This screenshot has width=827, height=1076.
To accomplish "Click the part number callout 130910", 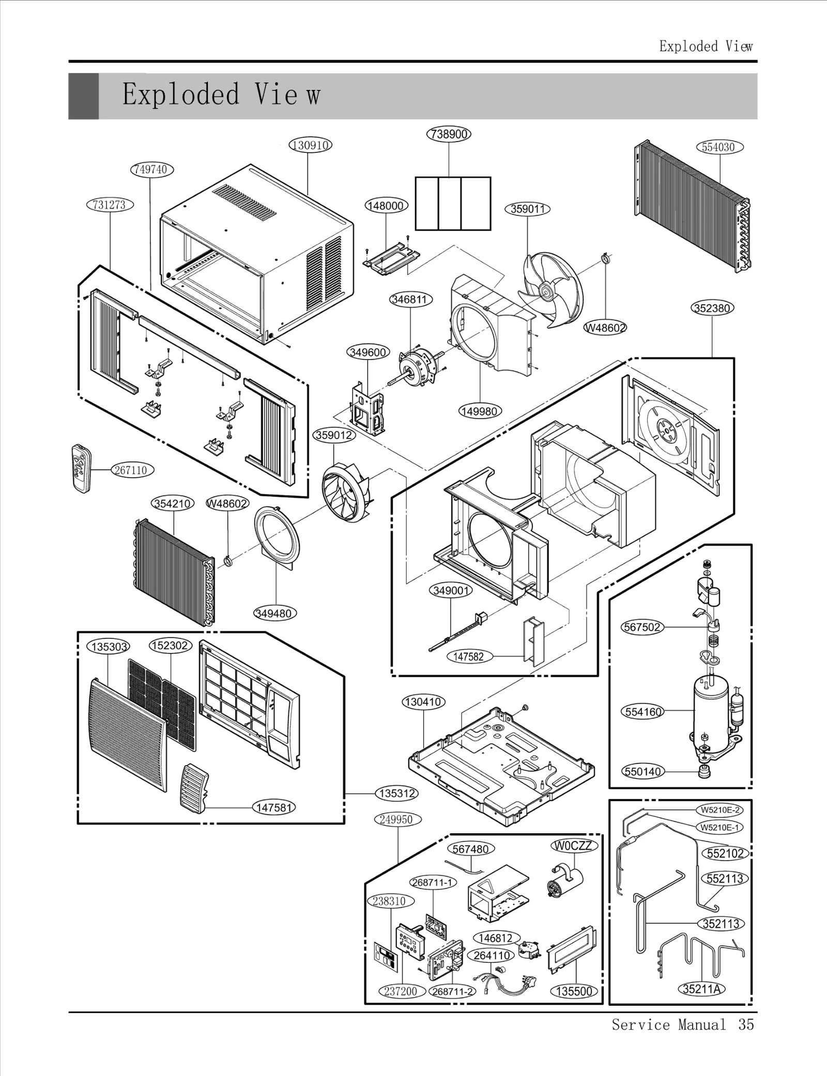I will pyautogui.click(x=310, y=145).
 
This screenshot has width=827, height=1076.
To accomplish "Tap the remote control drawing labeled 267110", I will pyautogui.click(x=81, y=469).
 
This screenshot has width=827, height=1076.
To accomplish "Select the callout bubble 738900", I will pyautogui.click(x=449, y=134).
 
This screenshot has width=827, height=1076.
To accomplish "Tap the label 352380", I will pyautogui.click(x=712, y=308).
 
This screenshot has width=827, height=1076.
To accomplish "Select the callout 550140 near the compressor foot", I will pyautogui.click(x=642, y=786).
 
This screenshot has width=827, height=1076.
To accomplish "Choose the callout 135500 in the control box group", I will pyautogui.click(x=574, y=991).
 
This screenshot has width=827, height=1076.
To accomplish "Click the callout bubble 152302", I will pyautogui.click(x=170, y=646).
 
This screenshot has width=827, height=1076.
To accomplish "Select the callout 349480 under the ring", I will pyautogui.click(x=274, y=614).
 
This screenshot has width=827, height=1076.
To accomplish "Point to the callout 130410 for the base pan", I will pyautogui.click(x=423, y=702).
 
